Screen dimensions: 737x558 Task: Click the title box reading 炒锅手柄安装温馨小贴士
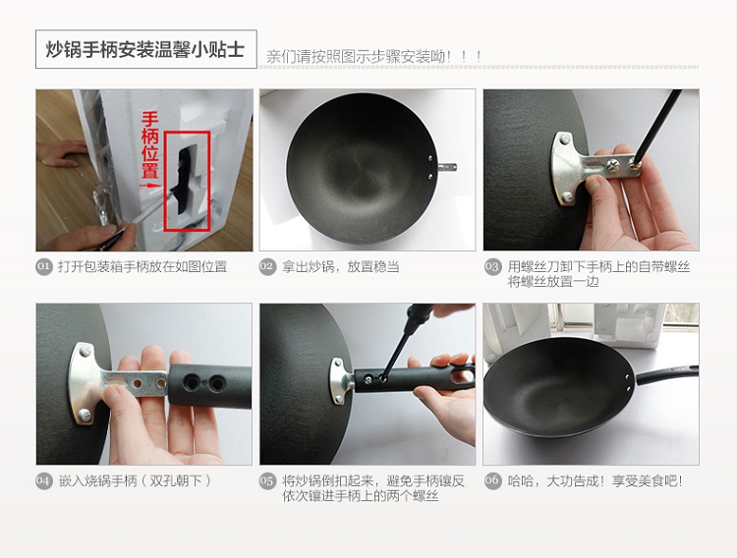146,49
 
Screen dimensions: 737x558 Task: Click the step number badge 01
43,267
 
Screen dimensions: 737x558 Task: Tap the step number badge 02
267,267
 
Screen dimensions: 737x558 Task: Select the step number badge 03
492,267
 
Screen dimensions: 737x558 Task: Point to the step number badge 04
43,481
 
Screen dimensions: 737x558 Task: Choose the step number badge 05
267,481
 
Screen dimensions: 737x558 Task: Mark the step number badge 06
492,481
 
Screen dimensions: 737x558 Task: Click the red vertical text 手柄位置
150,144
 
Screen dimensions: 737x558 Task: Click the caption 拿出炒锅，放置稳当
340,267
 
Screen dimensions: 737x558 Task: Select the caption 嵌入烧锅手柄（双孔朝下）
135,481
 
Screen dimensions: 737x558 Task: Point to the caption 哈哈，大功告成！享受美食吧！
595,481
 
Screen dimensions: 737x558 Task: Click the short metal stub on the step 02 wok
447,166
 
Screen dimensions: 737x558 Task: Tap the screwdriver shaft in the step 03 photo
660,123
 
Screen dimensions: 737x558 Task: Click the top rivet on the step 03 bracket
564,139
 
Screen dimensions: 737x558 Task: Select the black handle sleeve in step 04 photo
210,386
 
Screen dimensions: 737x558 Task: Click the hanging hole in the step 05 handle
462,374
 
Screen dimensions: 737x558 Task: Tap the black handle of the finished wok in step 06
666,374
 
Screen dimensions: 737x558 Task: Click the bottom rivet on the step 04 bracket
85,415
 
